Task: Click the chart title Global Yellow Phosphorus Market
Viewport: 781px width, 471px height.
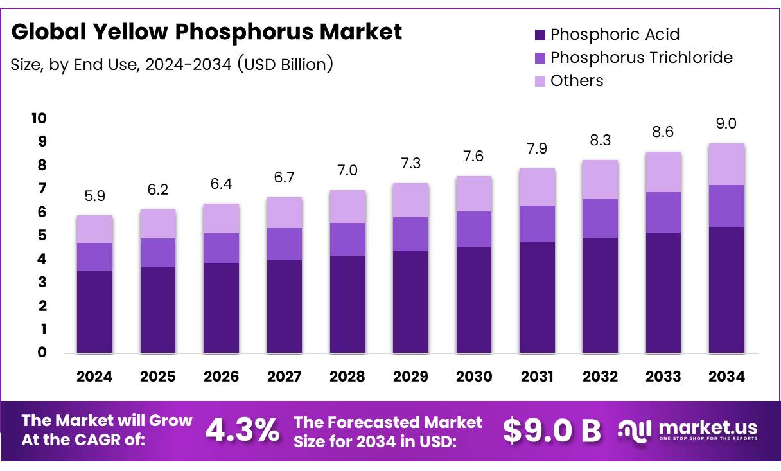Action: coord(207,32)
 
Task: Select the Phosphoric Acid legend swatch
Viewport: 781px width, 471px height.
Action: coord(540,35)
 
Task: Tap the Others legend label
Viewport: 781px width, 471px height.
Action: coord(577,81)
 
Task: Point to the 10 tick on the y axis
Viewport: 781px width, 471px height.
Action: coord(39,118)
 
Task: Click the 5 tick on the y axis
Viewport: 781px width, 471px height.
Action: coord(41,236)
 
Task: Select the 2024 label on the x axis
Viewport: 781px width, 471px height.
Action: coord(94,377)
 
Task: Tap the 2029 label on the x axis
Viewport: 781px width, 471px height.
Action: coord(410,377)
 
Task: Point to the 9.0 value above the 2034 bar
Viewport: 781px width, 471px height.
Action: coord(726,124)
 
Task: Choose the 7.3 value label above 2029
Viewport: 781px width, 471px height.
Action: coord(410,163)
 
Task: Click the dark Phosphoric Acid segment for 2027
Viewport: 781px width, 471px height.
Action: coord(284,306)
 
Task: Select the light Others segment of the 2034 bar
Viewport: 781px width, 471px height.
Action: coord(726,164)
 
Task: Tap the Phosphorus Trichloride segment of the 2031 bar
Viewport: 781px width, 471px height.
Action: coord(537,224)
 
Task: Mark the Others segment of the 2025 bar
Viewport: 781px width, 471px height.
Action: coord(157,224)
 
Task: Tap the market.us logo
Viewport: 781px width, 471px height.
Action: coord(687,430)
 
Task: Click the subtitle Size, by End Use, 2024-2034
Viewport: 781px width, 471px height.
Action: coord(171,64)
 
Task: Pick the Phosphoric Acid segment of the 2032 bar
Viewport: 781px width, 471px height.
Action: coord(600,295)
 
